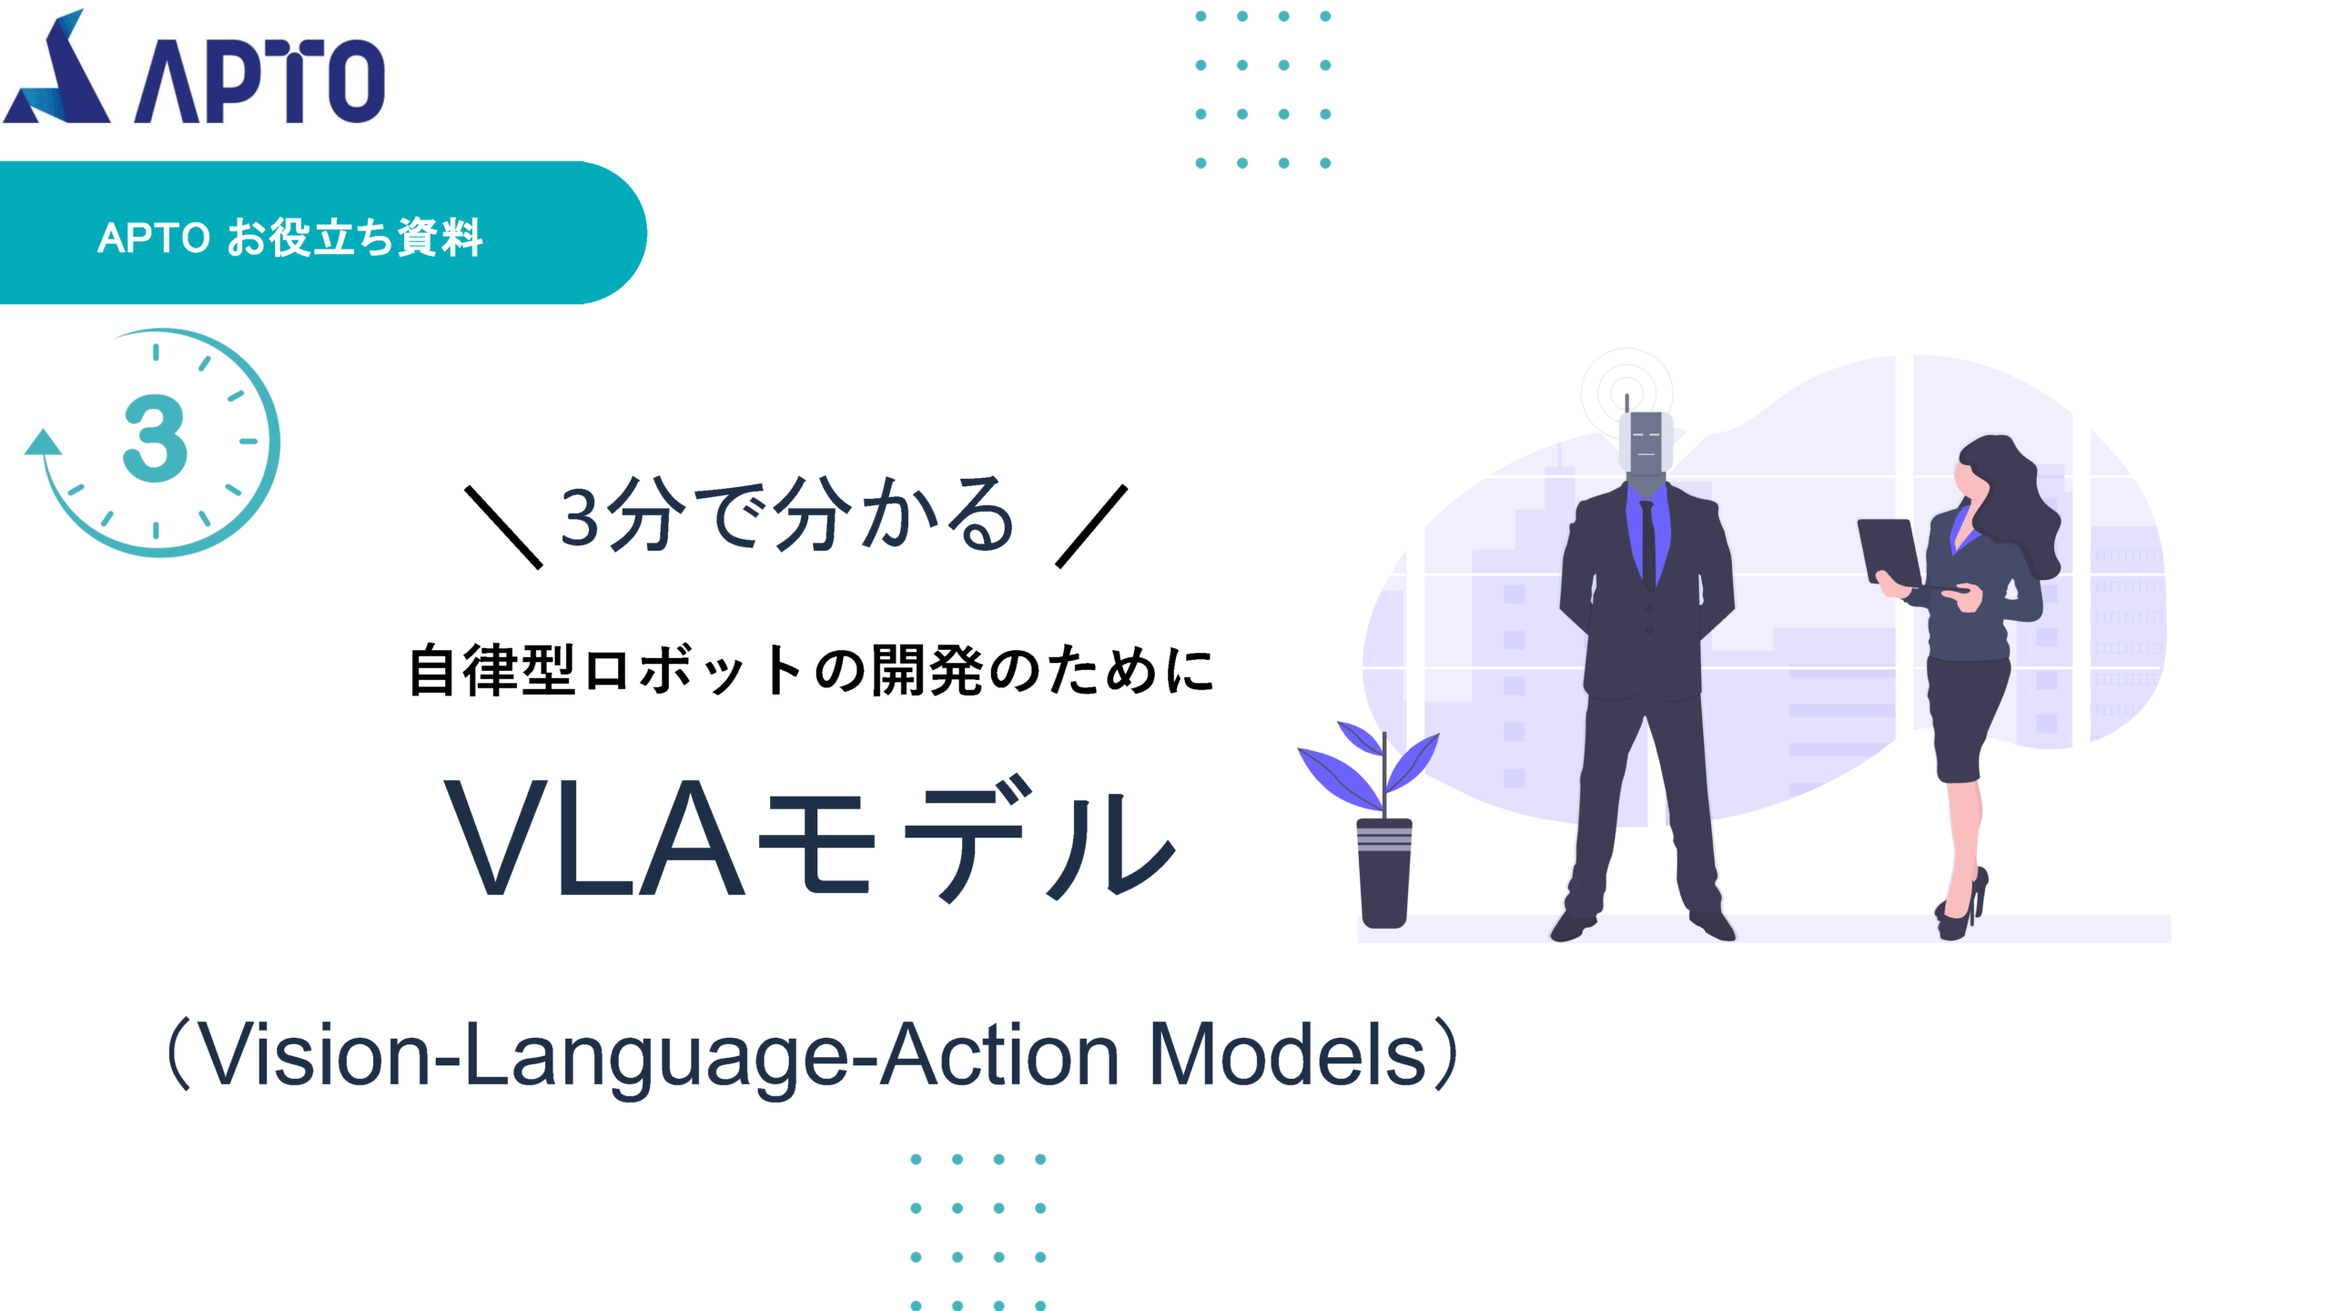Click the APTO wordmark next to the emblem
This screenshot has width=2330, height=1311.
click(x=260, y=81)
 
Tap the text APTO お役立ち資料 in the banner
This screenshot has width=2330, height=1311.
click(x=289, y=238)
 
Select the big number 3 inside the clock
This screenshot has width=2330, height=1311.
click(x=156, y=439)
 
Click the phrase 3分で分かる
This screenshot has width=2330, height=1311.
click(x=787, y=515)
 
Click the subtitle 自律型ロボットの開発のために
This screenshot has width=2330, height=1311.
click(x=811, y=670)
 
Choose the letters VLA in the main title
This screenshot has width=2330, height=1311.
click(x=595, y=838)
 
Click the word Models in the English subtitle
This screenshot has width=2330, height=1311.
click(x=1288, y=1054)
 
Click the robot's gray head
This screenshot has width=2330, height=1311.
click(x=1646, y=443)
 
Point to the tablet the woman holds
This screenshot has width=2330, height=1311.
click(x=1889, y=552)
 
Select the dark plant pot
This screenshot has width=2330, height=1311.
click(x=1384, y=873)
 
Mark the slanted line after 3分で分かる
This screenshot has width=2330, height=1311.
click(x=1091, y=526)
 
